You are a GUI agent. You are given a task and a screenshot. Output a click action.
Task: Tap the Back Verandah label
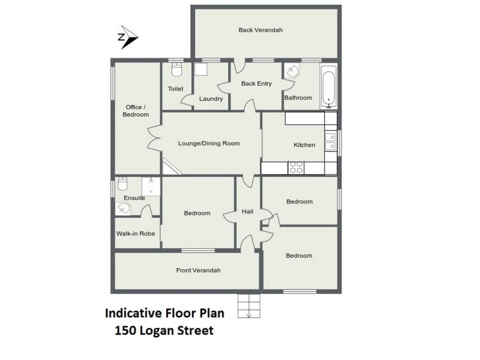pyautogui.click(x=260, y=29)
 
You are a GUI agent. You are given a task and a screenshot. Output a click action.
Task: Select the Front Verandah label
pyautogui.click(x=198, y=270)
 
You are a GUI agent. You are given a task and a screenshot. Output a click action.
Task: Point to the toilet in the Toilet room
pyautogui.click(x=176, y=71)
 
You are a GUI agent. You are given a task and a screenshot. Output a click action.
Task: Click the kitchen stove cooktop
pyautogui.click(x=296, y=167)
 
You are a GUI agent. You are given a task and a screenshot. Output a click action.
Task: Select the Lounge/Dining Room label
pyautogui.click(x=209, y=143)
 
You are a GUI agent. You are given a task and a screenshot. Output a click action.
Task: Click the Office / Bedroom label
pyautogui.click(x=135, y=111)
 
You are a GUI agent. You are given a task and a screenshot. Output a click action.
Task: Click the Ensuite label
pyautogui.click(x=134, y=198)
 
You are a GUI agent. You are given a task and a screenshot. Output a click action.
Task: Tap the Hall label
pyautogui.click(x=247, y=212)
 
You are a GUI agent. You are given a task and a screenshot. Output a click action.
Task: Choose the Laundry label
pyautogui.click(x=211, y=99)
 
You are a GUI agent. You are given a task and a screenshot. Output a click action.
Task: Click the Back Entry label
pyautogui.click(x=256, y=83)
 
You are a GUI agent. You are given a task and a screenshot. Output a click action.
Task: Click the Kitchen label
pyautogui.click(x=304, y=145)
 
